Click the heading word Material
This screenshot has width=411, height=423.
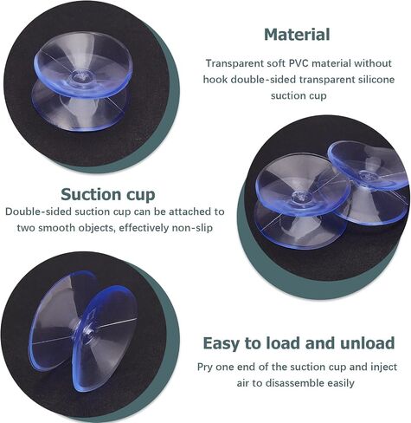297,35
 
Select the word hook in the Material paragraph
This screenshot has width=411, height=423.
215,79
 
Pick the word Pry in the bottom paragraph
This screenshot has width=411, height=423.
205,367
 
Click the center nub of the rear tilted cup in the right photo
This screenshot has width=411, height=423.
367,175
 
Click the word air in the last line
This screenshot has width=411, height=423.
243,383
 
